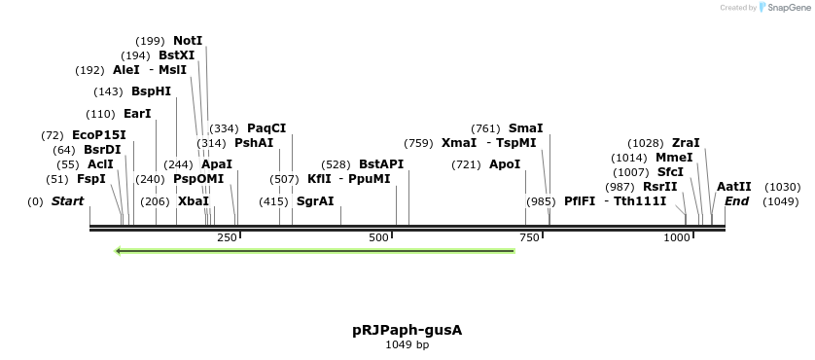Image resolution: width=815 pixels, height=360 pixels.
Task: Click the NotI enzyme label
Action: (188, 41)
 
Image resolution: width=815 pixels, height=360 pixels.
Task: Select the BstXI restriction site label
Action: (177, 55)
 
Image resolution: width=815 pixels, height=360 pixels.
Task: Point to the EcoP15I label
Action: (99, 134)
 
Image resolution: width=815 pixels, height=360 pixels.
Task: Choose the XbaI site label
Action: (193, 201)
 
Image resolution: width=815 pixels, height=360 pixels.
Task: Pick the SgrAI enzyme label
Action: (315, 201)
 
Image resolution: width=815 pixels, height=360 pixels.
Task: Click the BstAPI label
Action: (381, 164)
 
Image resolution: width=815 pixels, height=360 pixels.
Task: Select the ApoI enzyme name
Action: (505, 164)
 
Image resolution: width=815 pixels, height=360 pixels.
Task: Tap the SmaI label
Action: (525, 127)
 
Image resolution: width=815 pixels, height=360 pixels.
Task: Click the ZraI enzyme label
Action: (686, 143)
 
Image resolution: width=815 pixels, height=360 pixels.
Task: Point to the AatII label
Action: (734, 187)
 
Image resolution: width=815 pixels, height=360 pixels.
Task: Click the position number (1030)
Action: (783, 187)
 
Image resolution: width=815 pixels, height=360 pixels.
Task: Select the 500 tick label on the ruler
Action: (379, 237)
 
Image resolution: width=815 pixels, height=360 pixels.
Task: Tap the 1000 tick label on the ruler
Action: (677, 237)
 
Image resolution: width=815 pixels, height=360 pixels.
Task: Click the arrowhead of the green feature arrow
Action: (118, 251)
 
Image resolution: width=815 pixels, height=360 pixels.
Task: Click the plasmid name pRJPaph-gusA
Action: (407, 330)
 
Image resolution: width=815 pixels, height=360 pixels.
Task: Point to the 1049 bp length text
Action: (407, 344)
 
